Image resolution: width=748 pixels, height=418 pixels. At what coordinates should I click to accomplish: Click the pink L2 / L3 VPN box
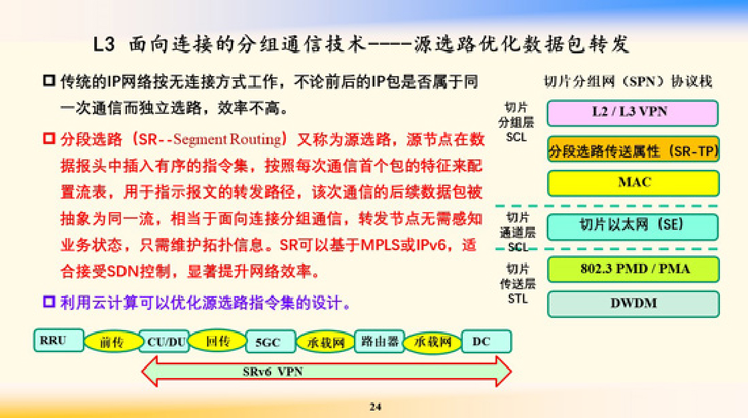click(x=632, y=113)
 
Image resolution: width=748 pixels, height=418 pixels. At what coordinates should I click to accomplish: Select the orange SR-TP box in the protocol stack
click(x=633, y=149)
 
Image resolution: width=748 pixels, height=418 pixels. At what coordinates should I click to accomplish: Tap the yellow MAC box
click(x=633, y=183)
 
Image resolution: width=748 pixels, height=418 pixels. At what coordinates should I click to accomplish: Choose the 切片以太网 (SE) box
click(x=632, y=227)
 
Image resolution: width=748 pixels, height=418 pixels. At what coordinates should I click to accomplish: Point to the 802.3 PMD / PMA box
click(x=633, y=269)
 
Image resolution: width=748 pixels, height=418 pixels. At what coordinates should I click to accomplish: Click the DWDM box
click(x=633, y=304)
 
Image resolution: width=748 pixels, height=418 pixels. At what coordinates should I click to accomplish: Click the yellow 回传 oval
click(x=218, y=341)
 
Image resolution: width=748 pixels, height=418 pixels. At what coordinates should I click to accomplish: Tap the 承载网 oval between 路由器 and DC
click(x=433, y=342)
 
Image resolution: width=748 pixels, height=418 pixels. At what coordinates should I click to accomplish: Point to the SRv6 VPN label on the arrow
click(x=272, y=371)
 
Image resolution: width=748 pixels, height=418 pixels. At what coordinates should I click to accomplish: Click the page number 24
click(x=375, y=407)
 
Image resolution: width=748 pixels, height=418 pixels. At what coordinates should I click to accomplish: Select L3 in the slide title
click(x=104, y=44)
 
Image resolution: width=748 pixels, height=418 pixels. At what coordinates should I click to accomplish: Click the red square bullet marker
click(x=49, y=139)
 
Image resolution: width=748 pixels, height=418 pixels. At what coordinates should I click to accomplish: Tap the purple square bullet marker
click(x=49, y=301)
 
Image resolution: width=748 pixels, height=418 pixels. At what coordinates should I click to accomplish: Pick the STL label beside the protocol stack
click(x=518, y=299)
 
